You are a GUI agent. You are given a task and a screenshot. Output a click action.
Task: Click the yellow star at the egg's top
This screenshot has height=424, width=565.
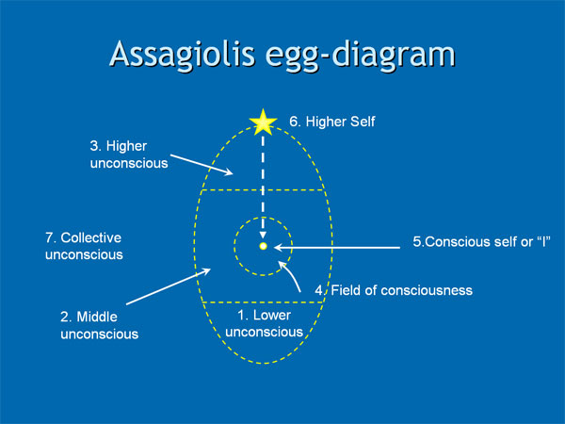[x=262, y=122]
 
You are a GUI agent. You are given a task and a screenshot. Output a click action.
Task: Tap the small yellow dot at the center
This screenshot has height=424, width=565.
[x=263, y=246]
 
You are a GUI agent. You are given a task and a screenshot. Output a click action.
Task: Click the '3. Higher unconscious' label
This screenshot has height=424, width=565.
[x=122, y=154]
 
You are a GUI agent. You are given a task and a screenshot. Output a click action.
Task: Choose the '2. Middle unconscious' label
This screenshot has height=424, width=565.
[x=92, y=325]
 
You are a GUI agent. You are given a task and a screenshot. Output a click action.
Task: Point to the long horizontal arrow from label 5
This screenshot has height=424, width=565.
[x=348, y=247]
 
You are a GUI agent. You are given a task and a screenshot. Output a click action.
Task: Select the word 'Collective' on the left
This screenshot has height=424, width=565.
[x=92, y=237]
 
